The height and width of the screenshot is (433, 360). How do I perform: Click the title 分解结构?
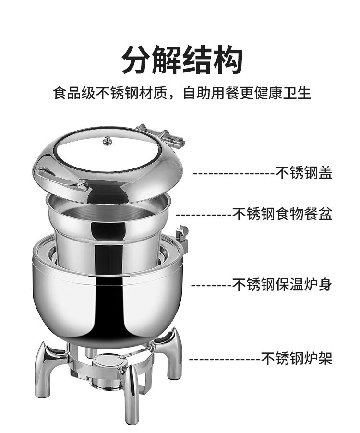click(182, 60)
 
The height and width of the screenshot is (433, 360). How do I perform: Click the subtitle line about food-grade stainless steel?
click(182, 93)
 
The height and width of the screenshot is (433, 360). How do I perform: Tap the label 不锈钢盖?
click(304, 173)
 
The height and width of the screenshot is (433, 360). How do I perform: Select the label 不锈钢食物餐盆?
click(282, 214)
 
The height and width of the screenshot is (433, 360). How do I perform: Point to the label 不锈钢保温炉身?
click(282, 285)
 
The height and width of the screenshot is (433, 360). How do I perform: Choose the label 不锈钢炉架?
click(297, 358)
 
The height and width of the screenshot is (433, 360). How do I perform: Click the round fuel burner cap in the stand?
click(107, 362)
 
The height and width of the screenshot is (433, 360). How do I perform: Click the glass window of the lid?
click(107, 149)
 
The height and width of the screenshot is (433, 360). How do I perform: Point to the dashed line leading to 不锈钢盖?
click(234, 174)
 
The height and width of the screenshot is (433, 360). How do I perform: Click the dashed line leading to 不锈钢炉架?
click(225, 359)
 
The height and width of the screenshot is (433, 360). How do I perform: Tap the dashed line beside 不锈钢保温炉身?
click(211, 285)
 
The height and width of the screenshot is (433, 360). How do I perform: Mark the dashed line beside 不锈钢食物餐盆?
click(204, 215)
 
